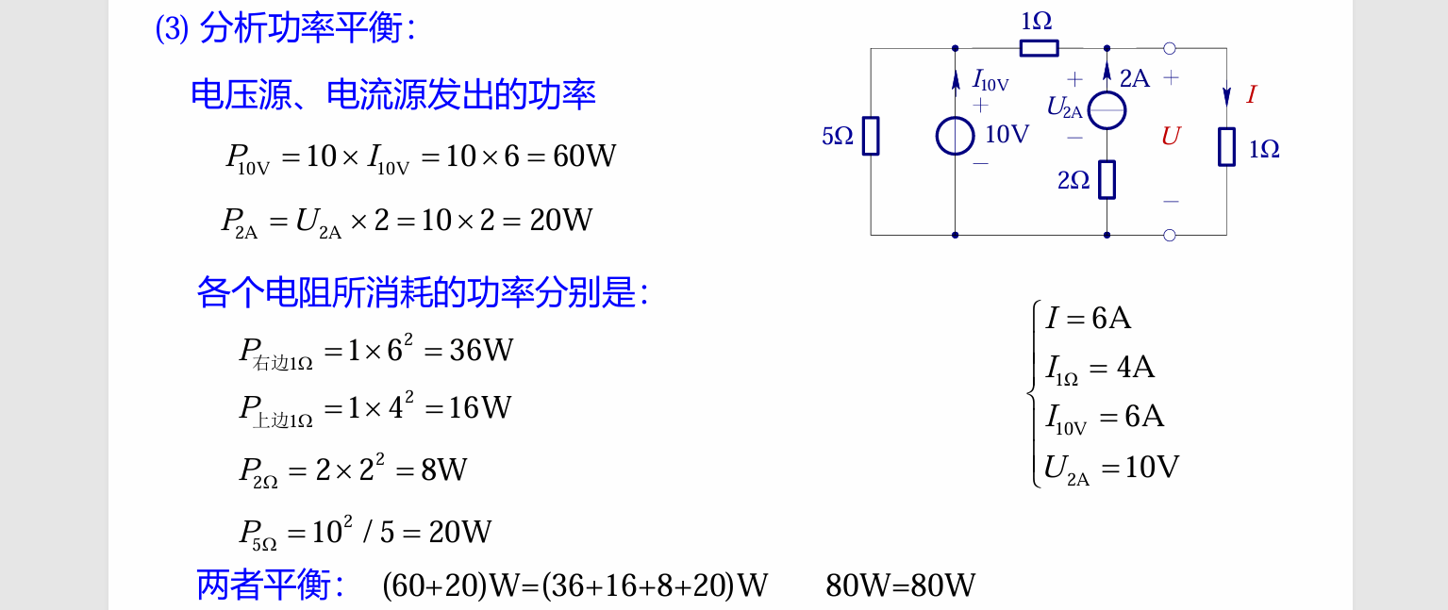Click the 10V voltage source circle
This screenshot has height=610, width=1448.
955,136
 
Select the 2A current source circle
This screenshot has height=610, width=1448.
1107,110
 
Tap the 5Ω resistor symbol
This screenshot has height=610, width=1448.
871,136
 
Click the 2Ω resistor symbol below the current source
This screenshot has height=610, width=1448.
1107,179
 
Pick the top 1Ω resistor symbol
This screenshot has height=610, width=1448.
1039,48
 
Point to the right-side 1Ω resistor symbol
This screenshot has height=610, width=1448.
1226,147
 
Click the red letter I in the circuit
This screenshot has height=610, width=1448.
1251,94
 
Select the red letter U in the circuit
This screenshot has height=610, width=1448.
1171,137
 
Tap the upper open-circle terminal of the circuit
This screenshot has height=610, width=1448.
1170,48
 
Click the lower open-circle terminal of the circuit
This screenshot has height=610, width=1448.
1170,235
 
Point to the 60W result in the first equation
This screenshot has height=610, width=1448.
584,157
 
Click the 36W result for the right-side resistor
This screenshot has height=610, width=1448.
481,351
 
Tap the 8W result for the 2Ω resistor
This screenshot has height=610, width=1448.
443,470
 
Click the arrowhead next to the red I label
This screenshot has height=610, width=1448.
1226,96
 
